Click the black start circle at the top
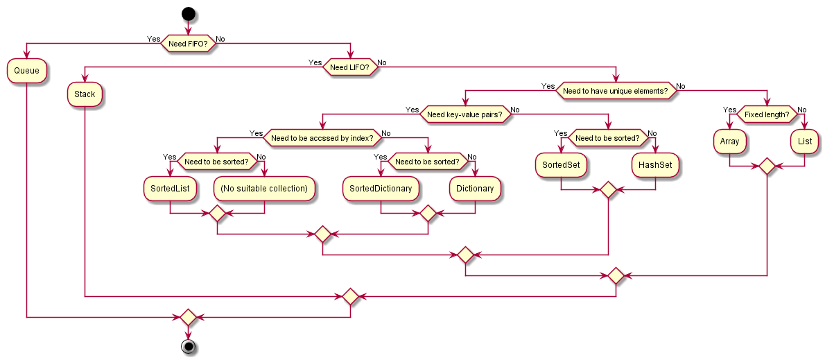point(187,12)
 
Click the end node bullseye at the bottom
point(187,346)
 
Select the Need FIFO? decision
point(187,43)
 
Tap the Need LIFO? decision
point(350,67)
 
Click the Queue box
point(27,70)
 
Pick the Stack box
point(85,94)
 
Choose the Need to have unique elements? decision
point(615,91)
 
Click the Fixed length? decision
point(766,114)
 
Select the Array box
point(729,142)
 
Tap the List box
point(805,142)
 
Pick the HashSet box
point(656,165)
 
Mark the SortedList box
point(170,189)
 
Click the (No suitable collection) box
point(265,189)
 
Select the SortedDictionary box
point(381,189)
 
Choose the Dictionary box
point(475,189)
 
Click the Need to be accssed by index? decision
point(322,138)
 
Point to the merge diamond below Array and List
point(767,166)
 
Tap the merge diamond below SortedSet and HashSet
point(608,190)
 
